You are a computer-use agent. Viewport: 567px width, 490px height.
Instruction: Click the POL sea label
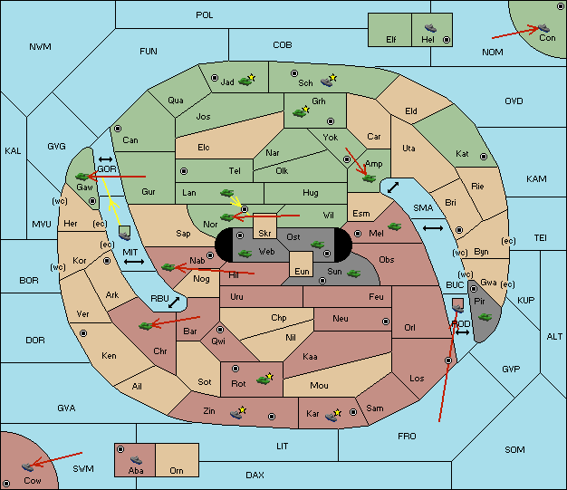[x=205, y=15]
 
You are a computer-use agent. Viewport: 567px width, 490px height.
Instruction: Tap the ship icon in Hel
[x=430, y=28]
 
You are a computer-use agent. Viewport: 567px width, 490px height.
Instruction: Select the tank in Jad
[x=245, y=81]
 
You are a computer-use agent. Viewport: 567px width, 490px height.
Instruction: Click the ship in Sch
[x=327, y=82]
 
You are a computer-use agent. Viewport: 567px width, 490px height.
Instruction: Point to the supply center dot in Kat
[x=484, y=157]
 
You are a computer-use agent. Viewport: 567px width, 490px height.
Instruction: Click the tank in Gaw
[x=82, y=176]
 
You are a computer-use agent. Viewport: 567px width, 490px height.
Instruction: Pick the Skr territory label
[x=264, y=234]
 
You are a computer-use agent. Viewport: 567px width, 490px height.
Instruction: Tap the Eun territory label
[x=302, y=271]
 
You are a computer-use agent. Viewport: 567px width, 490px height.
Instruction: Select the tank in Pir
[x=485, y=317]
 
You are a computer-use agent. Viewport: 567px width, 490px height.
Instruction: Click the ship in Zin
[x=236, y=414]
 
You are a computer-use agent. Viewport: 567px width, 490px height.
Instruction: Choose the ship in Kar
[x=332, y=417]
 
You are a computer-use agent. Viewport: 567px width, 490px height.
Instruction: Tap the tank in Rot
[x=264, y=380]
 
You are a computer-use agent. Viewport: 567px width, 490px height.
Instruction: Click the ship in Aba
[x=137, y=460]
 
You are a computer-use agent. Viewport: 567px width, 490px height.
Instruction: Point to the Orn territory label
[x=177, y=470]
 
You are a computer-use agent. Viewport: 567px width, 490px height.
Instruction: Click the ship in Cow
[x=27, y=467]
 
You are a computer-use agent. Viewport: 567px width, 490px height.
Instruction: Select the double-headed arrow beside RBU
[x=174, y=303]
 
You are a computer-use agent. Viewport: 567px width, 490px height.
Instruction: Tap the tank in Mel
[x=394, y=226]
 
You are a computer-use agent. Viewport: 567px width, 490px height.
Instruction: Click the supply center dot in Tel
[x=184, y=171]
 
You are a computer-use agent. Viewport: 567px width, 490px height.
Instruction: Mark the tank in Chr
[x=145, y=326]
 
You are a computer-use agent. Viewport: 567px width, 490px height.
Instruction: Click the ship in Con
[x=543, y=28]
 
